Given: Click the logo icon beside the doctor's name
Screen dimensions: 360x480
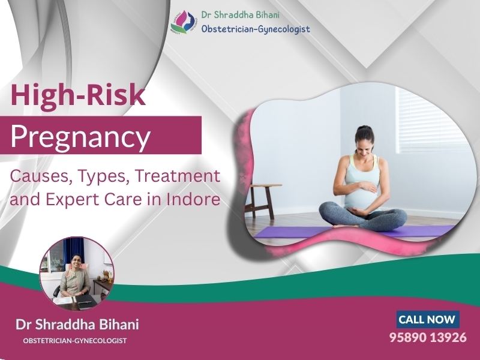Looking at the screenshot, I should [x=184, y=22].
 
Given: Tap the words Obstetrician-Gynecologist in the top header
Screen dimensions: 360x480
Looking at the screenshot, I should [x=256, y=28].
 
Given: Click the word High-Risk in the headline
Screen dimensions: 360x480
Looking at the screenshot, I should [x=78, y=97].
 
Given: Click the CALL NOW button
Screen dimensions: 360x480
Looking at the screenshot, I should [x=427, y=319].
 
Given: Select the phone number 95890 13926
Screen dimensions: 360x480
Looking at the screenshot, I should [x=428, y=337].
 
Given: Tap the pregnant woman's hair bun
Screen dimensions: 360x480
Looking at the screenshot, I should [x=362, y=129].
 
